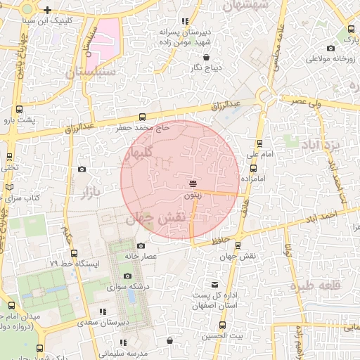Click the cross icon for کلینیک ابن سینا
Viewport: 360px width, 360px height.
[47, 11]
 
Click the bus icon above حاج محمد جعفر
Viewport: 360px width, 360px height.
[143, 117]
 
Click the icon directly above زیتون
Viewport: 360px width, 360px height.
[193, 184]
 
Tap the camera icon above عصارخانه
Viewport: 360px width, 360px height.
[141, 246]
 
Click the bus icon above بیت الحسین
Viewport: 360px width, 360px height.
[222, 326]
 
